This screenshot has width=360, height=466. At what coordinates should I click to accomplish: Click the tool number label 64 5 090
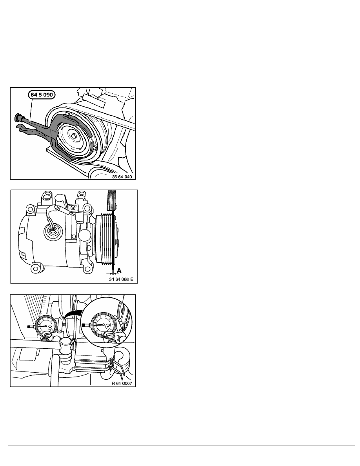(42, 95)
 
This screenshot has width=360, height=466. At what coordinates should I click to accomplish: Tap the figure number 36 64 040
(122, 177)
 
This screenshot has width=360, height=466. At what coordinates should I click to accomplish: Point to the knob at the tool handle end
(17, 117)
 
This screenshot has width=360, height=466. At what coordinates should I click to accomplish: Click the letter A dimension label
(119, 271)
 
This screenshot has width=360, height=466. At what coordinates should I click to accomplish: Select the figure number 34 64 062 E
(121, 279)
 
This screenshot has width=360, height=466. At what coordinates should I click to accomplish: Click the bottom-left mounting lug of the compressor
(36, 268)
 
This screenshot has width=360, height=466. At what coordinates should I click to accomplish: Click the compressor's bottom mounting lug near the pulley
(87, 269)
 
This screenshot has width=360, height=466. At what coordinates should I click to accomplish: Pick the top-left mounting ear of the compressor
(30, 210)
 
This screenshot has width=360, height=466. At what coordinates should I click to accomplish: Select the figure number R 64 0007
(122, 383)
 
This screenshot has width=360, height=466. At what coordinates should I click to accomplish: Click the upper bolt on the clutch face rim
(67, 113)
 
